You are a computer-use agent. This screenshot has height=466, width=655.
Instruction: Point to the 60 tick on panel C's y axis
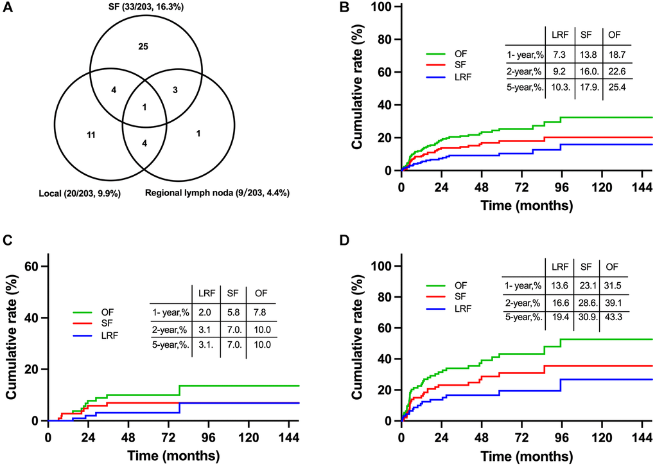pos(31,267)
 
